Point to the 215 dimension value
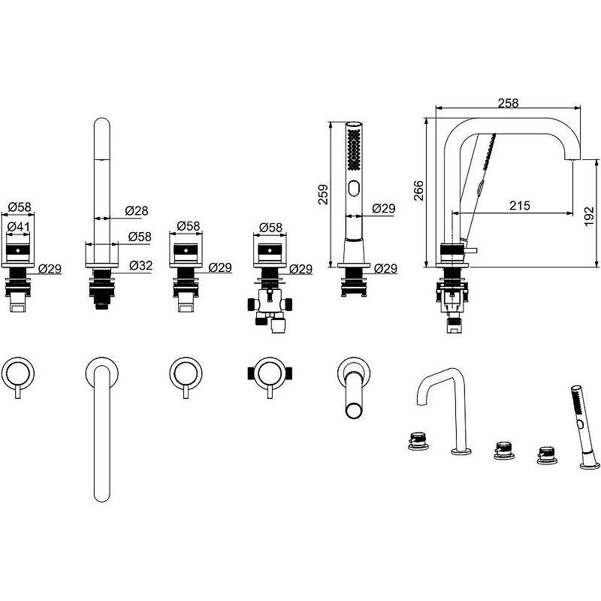518,204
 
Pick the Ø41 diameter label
18,225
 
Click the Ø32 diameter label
140,265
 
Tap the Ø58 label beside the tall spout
140,236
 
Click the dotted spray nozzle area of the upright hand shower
353,150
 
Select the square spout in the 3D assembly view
444,409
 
